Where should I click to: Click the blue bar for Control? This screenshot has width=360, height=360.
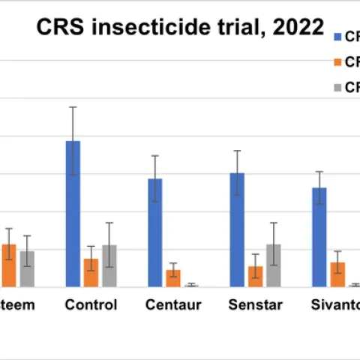(73, 214)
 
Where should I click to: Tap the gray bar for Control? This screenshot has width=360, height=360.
(109, 265)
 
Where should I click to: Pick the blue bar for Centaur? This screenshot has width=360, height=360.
(155, 232)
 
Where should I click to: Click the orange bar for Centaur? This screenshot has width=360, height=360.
(173, 278)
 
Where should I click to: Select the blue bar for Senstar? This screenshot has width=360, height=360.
(237, 229)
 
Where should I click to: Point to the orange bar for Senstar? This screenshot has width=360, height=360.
(256, 276)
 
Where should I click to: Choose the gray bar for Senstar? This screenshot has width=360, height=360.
(274, 265)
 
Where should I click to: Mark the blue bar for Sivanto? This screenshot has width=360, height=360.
(319, 237)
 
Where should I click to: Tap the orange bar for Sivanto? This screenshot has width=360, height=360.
(337, 274)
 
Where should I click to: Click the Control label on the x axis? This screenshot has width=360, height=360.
(91, 305)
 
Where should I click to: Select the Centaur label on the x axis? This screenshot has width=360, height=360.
(173, 305)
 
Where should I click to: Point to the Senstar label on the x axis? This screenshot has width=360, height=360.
(256, 305)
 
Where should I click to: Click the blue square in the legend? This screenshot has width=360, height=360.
(337, 36)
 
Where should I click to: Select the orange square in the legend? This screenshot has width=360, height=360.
(337, 62)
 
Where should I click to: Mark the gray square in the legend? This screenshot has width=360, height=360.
(337, 88)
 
